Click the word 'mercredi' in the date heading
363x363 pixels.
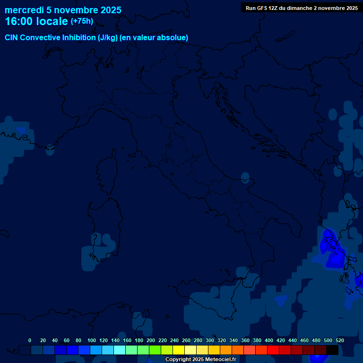point(25,10)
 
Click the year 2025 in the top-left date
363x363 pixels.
point(111,10)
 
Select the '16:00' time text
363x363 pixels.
point(19,21)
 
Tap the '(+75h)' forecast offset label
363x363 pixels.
point(82,21)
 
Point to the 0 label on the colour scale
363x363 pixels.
point(30,340)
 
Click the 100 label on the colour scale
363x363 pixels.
point(92,340)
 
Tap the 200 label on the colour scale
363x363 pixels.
point(151,340)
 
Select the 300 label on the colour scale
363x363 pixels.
point(210,340)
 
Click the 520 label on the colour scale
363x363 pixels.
point(340,340)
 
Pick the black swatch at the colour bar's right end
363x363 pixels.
point(332,350)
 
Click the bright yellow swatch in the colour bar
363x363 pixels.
point(179,350)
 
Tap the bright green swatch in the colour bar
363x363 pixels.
point(155,350)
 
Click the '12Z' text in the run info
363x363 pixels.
point(273,8)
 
